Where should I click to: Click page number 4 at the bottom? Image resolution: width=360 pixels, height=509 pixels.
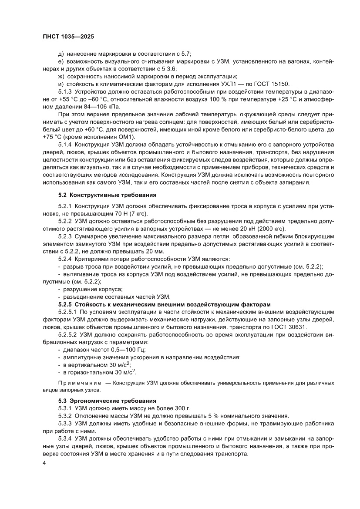[x=39, y=463]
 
